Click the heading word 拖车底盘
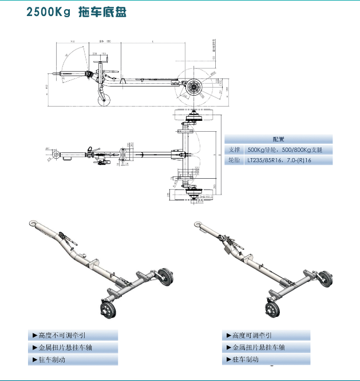(101, 12)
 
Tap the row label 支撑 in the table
(235, 150)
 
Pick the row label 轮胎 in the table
(235, 160)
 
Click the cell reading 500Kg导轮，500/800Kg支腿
(281, 150)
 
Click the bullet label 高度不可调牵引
(63, 335)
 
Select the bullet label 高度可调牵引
(252, 335)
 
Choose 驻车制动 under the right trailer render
(246, 360)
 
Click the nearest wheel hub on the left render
(107, 311)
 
